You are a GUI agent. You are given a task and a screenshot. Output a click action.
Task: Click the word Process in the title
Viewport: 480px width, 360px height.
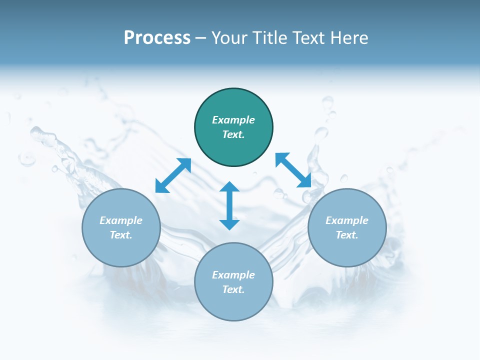tap(157, 38)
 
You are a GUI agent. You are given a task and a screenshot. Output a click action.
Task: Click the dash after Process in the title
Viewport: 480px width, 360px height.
tap(201, 38)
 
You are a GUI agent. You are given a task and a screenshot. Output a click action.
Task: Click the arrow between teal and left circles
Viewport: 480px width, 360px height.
tap(173, 175)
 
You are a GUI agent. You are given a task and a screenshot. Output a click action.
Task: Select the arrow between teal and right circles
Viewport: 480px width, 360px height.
tap(293, 170)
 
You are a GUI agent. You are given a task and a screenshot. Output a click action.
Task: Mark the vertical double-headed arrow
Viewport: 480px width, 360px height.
tap(229, 205)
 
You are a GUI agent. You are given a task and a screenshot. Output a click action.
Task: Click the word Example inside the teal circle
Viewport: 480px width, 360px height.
tap(233, 120)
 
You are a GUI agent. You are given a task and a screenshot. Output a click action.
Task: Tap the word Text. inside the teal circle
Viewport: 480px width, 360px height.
tap(233, 134)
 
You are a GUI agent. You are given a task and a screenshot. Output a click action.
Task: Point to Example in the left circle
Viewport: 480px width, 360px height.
tap(121, 220)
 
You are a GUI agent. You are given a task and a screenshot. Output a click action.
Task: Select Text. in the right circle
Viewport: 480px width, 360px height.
tap(347, 235)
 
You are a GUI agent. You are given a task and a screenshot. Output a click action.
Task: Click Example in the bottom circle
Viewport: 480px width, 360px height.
tap(233, 275)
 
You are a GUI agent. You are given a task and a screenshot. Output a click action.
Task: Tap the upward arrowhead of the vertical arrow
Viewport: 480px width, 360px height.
tap(229, 186)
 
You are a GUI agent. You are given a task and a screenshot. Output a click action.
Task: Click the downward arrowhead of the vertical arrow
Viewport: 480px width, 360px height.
tap(229, 224)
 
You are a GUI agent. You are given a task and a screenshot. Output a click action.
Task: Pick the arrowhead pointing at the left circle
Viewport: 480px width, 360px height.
tap(161, 186)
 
